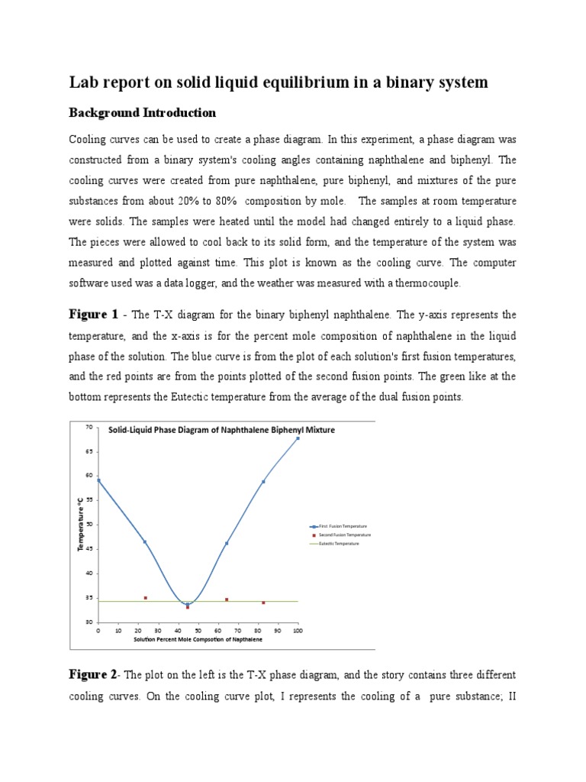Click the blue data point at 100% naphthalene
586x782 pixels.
[298, 438]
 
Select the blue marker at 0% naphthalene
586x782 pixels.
[98, 480]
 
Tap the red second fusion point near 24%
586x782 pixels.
[145, 598]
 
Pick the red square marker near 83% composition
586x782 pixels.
[263, 603]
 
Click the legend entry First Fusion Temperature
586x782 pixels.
[339, 526]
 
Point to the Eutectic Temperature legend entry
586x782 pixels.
[337, 543]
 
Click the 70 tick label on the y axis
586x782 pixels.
[88, 428]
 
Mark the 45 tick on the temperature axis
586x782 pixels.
[88, 549]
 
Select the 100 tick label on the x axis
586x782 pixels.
[298, 631]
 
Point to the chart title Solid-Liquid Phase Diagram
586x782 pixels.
[221, 430]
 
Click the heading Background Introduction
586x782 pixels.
[143, 113]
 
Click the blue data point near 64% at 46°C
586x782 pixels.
[227, 543]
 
